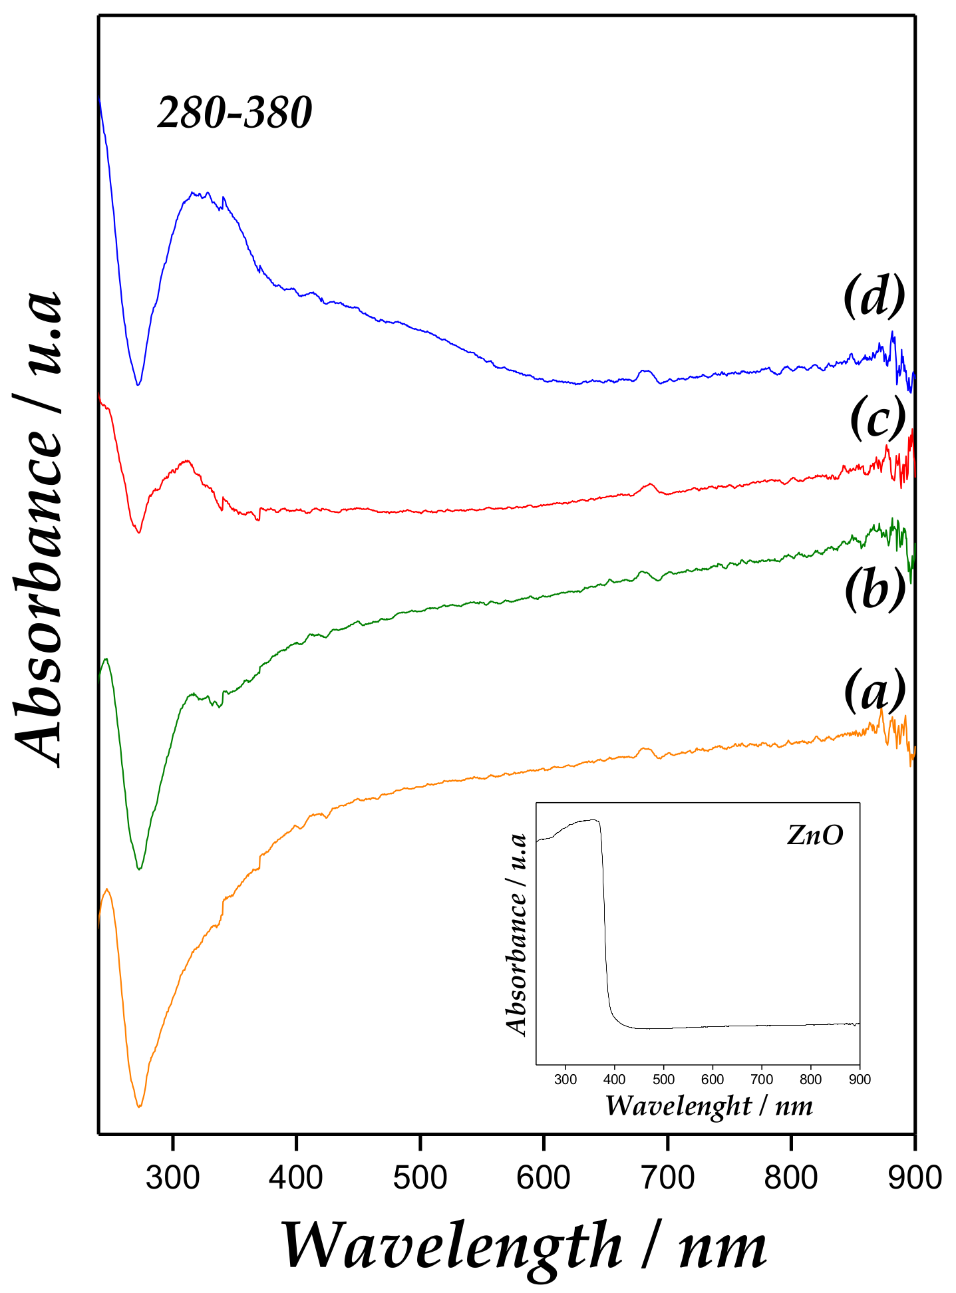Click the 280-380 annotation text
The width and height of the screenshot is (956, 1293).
pyautogui.click(x=234, y=112)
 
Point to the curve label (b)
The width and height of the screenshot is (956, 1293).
pyautogui.click(x=875, y=589)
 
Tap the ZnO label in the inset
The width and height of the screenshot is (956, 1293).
pyautogui.click(x=815, y=835)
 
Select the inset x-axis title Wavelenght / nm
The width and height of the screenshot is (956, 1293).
pyautogui.click(x=709, y=1106)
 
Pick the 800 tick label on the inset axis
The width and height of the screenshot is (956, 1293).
pyautogui.click(x=811, y=1079)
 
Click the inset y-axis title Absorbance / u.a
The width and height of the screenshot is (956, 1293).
pyautogui.click(x=517, y=934)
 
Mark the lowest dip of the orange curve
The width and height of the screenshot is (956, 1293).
pyautogui.click(x=139, y=1107)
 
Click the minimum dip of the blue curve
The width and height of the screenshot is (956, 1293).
pyautogui.click(x=138, y=384)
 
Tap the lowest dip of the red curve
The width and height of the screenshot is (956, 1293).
pyautogui.click(x=138, y=533)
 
